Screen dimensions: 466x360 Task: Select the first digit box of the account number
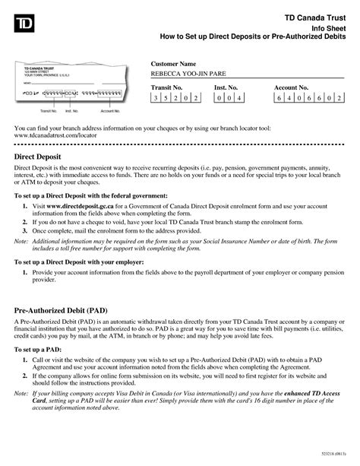pos(279,100)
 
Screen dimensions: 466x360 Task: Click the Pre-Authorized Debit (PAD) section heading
pos(65,311)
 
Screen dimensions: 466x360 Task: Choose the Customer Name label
pos(174,62)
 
